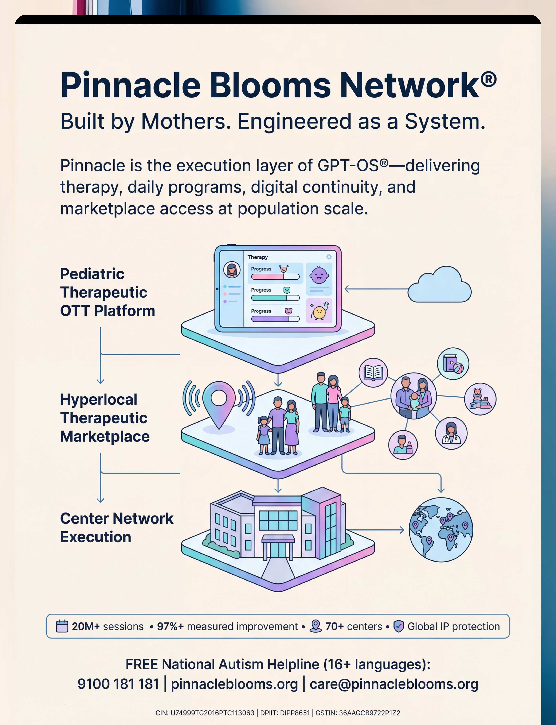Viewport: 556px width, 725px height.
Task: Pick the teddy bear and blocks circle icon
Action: (x=480, y=399)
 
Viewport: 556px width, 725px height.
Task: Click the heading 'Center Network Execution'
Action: (x=117, y=527)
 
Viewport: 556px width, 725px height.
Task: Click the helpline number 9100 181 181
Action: (x=118, y=684)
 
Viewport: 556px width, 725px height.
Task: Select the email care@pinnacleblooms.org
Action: (x=394, y=684)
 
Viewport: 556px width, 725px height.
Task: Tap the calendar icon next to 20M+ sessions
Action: (x=62, y=626)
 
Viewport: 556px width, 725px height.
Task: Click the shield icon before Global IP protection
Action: (x=399, y=626)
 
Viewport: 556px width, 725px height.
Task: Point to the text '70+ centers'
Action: (x=353, y=626)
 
